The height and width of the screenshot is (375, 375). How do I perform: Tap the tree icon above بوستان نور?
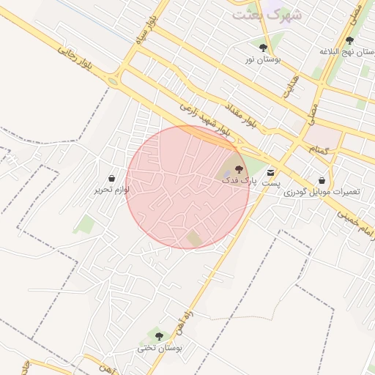[x=263, y=48]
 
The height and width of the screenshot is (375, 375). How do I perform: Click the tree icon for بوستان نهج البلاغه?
[x=349, y=40]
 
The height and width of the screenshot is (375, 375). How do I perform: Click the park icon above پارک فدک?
[x=238, y=169]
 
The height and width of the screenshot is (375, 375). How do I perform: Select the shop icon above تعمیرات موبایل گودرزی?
[x=322, y=180]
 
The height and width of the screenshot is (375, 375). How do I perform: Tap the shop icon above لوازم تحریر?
[x=111, y=178]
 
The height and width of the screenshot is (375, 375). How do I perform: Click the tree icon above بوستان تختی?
[x=159, y=336]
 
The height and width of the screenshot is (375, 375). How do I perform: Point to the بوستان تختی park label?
[x=159, y=348]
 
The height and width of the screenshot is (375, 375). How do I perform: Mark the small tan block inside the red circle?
[x=193, y=238]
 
